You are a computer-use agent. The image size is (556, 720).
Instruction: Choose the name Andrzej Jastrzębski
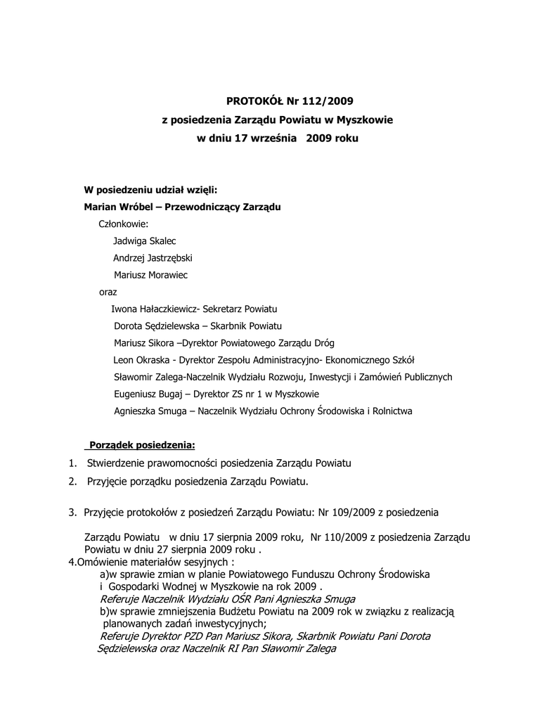(153, 258)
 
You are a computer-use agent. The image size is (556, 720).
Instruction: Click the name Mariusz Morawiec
(150, 275)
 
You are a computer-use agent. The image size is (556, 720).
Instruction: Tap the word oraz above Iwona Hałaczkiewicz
(108, 292)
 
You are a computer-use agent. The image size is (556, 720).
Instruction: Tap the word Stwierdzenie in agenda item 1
(118, 463)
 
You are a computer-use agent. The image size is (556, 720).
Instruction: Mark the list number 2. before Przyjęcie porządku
(72, 482)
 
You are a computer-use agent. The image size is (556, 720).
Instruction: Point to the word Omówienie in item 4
(102, 562)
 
